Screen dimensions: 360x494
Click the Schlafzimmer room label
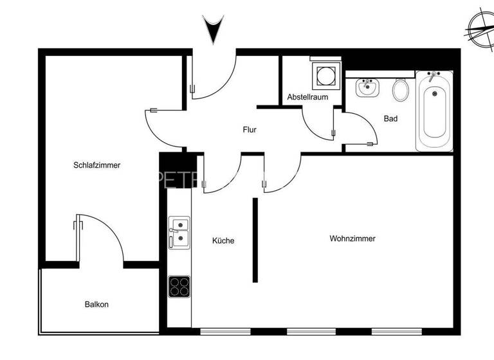pyautogui.click(x=96, y=165)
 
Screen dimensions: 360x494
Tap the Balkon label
pyautogui.click(x=96, y=304)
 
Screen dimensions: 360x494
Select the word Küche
pyautogui.click(x=223, y=241)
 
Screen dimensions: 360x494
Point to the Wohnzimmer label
pyautogui.click(x=352, y=239)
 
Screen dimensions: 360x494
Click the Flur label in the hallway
pyautogui.click(x=250, y=130)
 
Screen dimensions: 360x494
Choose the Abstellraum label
pyautogui.click(x=307, y=97)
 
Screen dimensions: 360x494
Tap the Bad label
pyautogui.click(x=390, y=119)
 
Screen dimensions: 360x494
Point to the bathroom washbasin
pyautogui.click(x=368, y=87)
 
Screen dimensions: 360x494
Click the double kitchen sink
pyautogui.click(x=179, y=232)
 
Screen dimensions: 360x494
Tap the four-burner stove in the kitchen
pyautogui.click(x=179, y=286)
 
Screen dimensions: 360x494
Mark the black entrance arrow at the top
pyautogui.click(x=212, y=30)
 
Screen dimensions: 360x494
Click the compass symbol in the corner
pyautogui.click(x=479, y=30)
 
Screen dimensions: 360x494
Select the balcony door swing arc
pyautogui.click(x=103, y=238)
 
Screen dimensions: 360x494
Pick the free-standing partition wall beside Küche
pyautogui.click(x=255, y=240)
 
